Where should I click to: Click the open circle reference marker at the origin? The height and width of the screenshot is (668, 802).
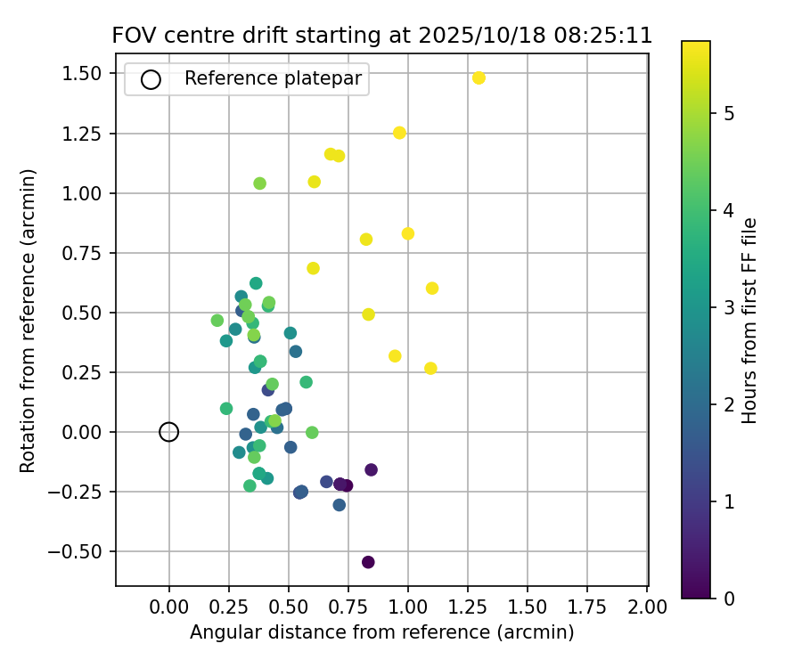(169, 432)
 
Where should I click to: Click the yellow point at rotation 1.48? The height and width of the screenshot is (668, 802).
(479, 78)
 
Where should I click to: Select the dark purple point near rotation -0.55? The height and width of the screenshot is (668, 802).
(368, 562)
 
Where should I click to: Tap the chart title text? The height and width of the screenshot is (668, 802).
(381, 36)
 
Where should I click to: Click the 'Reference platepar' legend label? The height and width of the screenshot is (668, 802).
(273, 78)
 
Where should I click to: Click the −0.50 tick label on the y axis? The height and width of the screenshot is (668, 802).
(82, 551)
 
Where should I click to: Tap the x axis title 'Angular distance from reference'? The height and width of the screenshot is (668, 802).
(381, 632)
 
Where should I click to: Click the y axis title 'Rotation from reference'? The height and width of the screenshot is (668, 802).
(29, 321)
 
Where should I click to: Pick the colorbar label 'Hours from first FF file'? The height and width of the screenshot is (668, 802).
(749, 321)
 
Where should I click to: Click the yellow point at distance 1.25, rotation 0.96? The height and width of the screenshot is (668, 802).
(399, 133)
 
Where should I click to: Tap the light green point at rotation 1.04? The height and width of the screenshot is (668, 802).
(259, 183)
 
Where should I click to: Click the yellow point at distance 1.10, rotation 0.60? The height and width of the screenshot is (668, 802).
(432, 288)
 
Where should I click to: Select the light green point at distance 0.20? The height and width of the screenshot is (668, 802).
(217, 321)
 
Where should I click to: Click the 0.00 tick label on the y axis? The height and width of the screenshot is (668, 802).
(86, 432)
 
